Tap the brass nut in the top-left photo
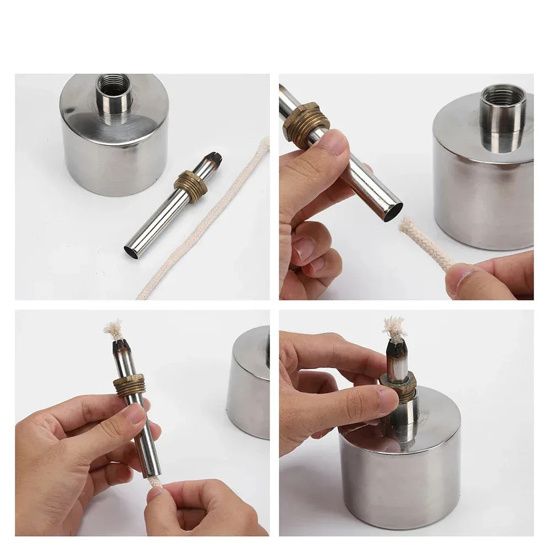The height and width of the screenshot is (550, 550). (191, 185)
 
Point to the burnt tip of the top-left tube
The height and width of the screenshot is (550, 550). (213, 160)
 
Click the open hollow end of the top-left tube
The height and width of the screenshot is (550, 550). (131, 252)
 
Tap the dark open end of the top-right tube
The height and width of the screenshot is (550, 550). (393, 212)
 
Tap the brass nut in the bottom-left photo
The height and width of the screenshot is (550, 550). (130, 386)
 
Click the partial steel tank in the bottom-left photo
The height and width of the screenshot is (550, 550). (250, 385)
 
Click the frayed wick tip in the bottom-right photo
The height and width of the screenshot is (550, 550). (394, 329)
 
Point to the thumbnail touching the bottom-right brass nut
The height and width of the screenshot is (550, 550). (387, 400)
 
